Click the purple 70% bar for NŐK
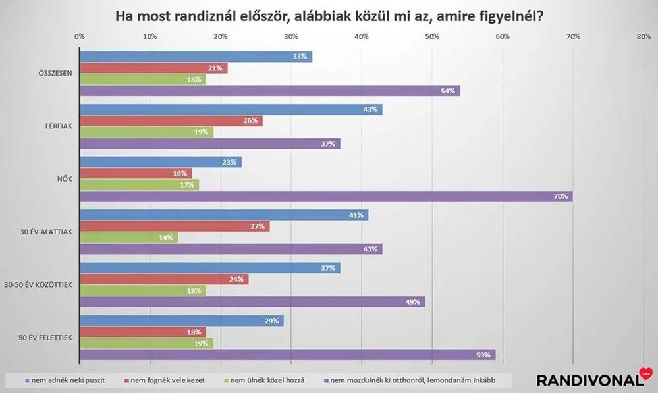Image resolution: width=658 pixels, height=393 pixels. click(326, 196)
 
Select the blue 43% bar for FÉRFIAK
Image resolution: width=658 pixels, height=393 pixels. click(231, 109)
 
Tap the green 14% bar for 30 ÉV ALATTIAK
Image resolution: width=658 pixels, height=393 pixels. click(129, 238)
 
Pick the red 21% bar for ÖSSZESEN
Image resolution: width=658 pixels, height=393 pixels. click(153, 68)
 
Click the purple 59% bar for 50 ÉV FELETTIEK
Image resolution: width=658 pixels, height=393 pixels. click(287, 355)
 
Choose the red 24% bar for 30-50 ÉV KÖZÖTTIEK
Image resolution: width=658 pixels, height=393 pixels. click(164, 279)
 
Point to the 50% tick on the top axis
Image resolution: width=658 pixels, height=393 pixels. click(432, 36)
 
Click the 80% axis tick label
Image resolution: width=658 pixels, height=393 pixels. click(644, 36)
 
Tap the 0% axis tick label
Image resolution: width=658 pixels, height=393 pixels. click(79, 36)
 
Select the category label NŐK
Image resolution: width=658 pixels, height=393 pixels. click(65, 178)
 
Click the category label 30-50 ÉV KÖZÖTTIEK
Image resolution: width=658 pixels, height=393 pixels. click(38, 285)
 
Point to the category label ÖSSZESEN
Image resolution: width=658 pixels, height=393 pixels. click(55, 73)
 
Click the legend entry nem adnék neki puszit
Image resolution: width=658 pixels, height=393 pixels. click(65, 381)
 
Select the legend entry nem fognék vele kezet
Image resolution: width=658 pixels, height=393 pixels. click(165, 381)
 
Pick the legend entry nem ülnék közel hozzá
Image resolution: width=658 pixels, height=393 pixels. click(264, 381)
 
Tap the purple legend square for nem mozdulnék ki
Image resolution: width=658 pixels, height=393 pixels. click(326, 381)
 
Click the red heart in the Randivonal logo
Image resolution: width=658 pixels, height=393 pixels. click(646, 373)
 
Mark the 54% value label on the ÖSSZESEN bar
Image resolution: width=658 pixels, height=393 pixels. click(448, 91)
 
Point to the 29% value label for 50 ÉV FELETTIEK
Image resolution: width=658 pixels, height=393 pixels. click(271, 321)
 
